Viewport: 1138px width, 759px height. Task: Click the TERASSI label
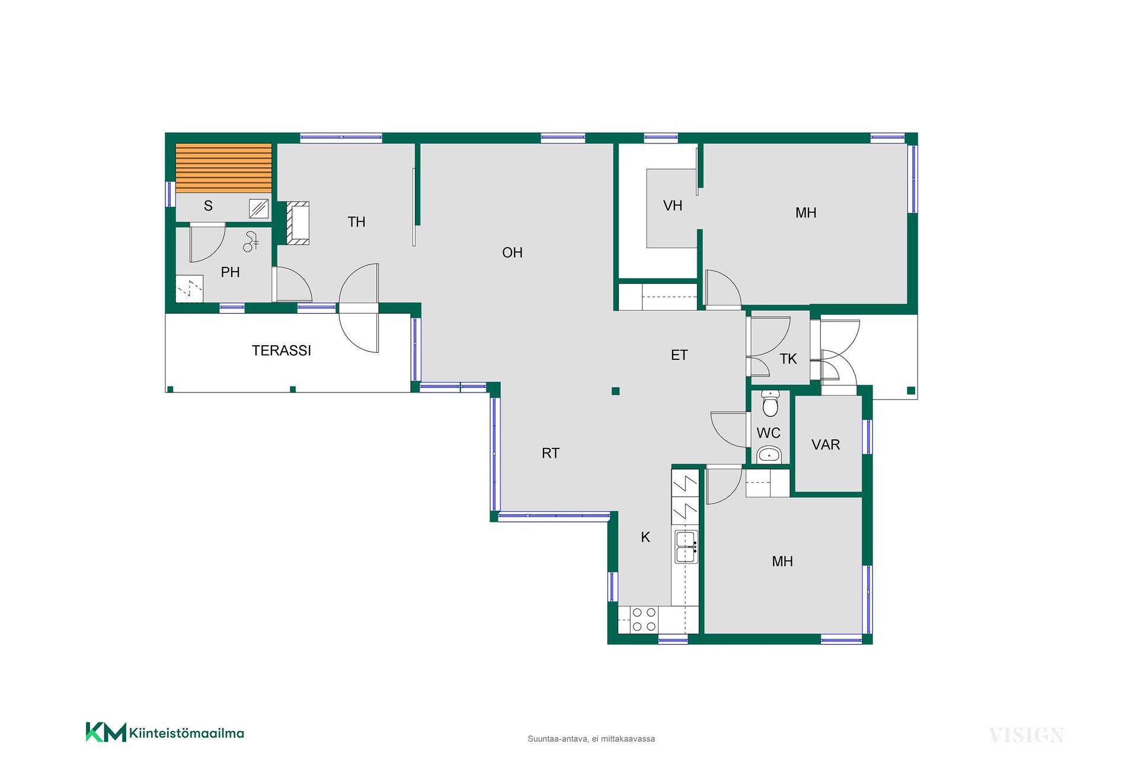[x=282, y=350]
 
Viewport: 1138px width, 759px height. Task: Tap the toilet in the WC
[x=770, y=404]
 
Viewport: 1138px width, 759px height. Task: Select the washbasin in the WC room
[x=769, y=455]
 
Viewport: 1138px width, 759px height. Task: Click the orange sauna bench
[x=224, y=168]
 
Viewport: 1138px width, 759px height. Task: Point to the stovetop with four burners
[x=644, y=620]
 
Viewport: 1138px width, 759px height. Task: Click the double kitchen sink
[x=686, y=547]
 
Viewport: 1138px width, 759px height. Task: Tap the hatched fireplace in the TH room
[x=298, y=223]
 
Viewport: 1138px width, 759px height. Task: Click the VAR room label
[x=826, y=445]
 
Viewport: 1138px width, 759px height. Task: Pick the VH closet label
[x=673, y=206]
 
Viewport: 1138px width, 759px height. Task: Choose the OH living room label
[x=512, y=253]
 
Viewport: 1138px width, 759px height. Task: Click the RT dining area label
[x=551, y=454]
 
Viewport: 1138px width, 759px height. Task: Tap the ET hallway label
[x=679, y=355]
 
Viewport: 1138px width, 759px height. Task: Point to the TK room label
[x=788, y=359]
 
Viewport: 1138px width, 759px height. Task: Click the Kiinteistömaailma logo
[x=165, y=732]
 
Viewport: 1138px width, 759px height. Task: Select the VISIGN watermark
[x=1027, y=735]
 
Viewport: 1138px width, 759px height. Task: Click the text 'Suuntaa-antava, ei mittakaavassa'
[x=592, y=739]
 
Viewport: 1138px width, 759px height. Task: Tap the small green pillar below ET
[x=616, y=391]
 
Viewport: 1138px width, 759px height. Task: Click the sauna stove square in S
[x=259, y=209]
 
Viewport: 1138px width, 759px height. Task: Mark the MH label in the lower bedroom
[x=782, y=562]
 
